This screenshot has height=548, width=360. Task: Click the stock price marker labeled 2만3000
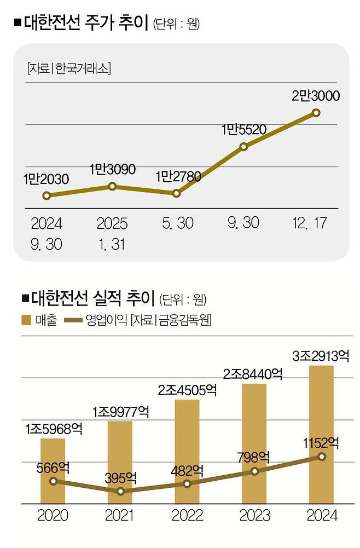(316, 113)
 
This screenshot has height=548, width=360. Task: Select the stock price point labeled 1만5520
(244, 147)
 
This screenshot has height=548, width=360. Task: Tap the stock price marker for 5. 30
(176, 193)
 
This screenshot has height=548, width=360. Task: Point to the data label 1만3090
(112, 170)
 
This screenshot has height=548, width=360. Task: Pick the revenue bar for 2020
(53, 471)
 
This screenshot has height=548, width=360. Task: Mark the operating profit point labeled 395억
(120, 492)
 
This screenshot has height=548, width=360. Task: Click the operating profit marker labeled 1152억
(321, 457)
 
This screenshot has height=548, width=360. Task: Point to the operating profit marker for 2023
(254, 471)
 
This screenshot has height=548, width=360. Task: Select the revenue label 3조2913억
(321, 356)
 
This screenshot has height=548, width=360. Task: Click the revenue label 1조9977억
(120, 411)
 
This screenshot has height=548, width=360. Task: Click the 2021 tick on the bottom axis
(120, 516)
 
